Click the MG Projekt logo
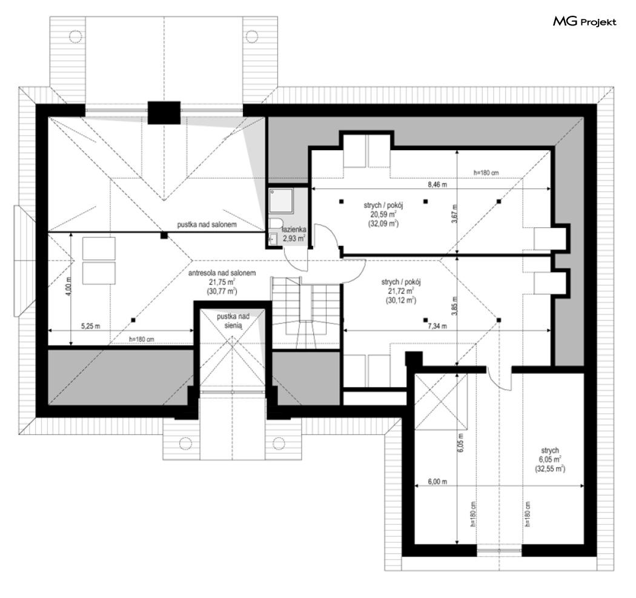[x=585, y=21]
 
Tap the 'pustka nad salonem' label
[x=207, y=224]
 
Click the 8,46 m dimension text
[x=438, y=185]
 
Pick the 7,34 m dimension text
[x=438, y=326]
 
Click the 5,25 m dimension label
[x=90, y=326]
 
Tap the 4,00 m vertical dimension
[x=68, y=286]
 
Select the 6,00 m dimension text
[x=438, y=482]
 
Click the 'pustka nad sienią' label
[x=233, y=321]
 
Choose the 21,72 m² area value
[x=401, y=291]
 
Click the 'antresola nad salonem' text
[x=222, y=273]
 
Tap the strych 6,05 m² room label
[x=550, y=459]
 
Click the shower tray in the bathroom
[x=282, y=201]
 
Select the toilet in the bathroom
[x=276, y=223]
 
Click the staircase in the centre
[x=305, y=313]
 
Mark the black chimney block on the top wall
[x=164, y=112]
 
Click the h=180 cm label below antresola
[x=142, y=339]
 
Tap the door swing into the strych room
[x=499, y=378]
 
